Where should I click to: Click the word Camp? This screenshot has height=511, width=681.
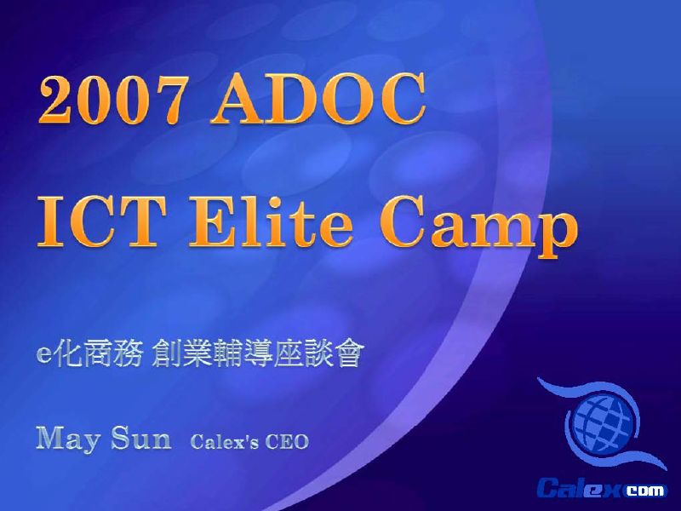click(478, 226)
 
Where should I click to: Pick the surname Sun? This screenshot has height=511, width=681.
click(141, 438)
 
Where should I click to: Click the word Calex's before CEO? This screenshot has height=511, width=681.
click(224, 442)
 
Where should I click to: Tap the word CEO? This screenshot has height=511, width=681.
click(287, 442)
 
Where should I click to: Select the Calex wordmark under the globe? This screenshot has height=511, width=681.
click(581, 487)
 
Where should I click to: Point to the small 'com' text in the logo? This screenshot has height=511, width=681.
click(645, 491)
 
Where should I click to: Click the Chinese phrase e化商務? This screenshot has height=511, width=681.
click(90, 354)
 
